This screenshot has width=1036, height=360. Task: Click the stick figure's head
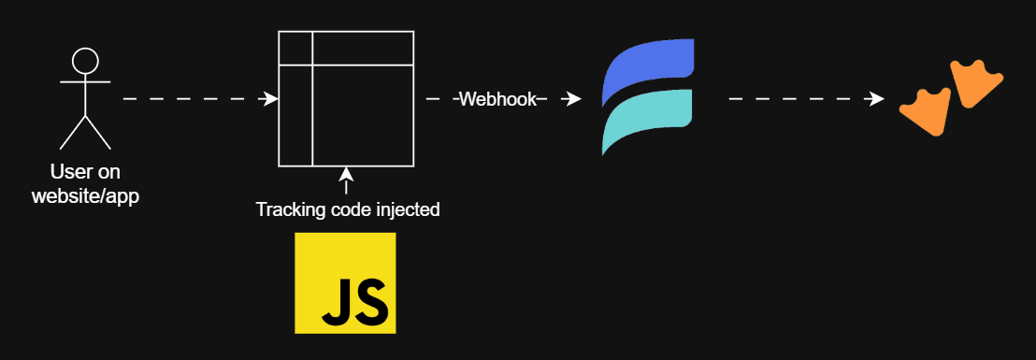click(85, 62)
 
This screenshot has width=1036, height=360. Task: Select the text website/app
click(85, 196)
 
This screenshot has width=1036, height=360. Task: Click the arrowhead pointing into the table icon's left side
click(271, 98)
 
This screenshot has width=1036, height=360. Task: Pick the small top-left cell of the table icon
click(295, 49)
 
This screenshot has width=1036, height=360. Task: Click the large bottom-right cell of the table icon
click(363, 115)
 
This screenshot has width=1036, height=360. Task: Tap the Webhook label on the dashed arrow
click(496, 99)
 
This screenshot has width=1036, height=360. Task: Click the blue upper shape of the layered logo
click(649, 69)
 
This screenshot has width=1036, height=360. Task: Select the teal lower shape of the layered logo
click(647, 119)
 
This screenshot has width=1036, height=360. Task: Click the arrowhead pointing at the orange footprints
click(876, 98)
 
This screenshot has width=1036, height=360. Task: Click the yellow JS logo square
click(345, 282)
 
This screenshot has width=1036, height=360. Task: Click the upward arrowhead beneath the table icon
click(346, 174)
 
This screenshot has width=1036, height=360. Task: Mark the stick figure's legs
click(85, 132)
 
